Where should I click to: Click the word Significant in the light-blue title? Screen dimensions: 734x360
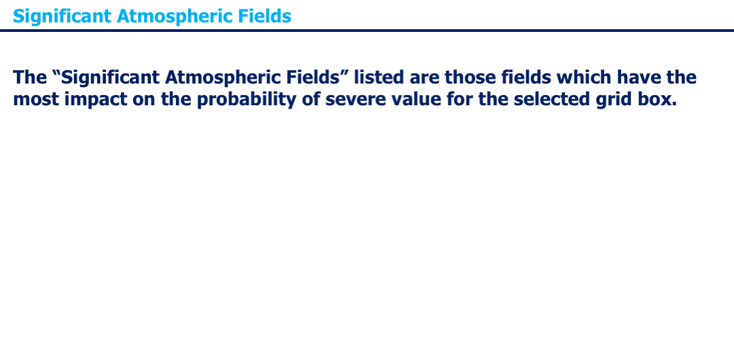63,16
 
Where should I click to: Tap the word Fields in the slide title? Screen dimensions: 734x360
264,16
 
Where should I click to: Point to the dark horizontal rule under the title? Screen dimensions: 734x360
367,31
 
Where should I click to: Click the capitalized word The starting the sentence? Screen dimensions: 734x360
30,77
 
